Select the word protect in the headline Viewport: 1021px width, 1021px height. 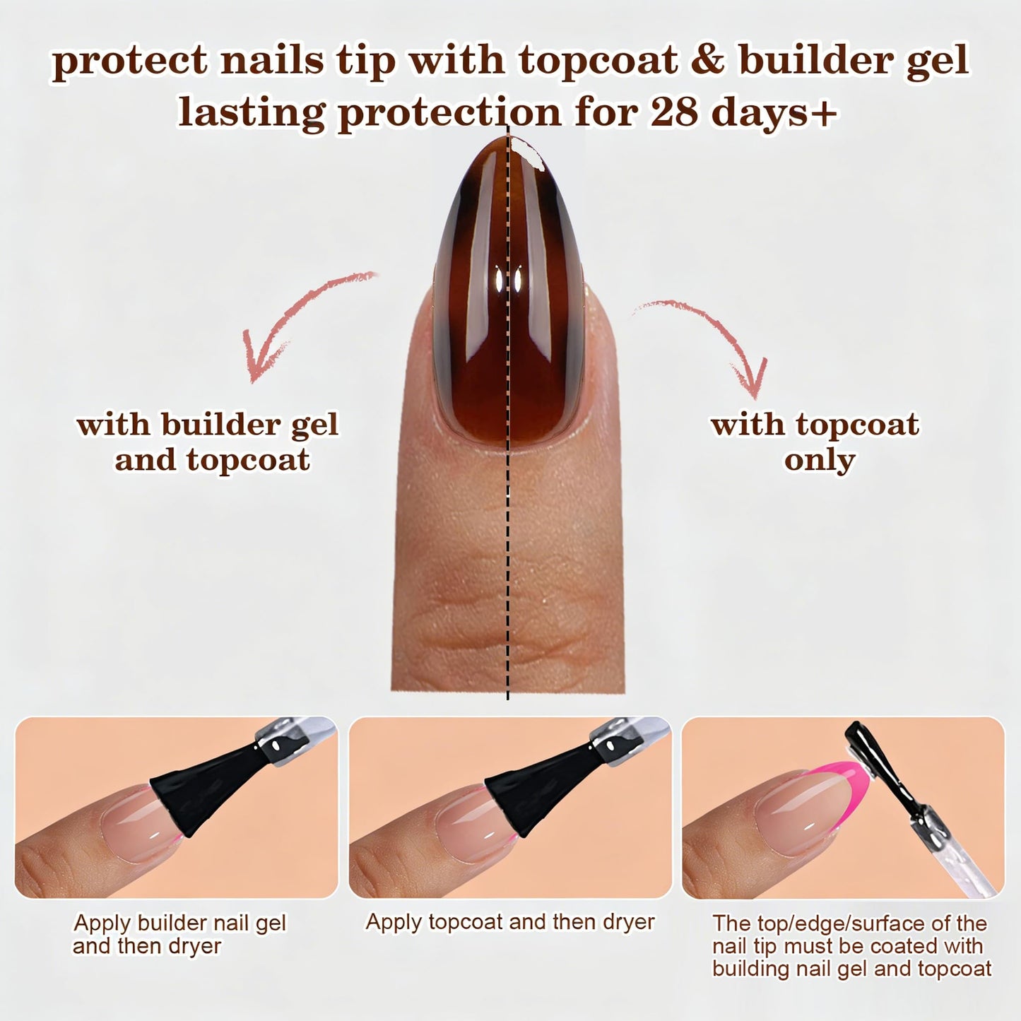pyautogui.click(x=130, y=62)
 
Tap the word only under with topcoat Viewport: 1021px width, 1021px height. pyautogui.click(x=819, y=460)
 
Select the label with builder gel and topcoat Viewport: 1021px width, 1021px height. pyautogui.click(x=208, y=442)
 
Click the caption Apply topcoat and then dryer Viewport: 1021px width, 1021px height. pyautogui.click(x=510, y=923)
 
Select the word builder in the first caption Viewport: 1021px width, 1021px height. pyautogui.click(x=172, y=923)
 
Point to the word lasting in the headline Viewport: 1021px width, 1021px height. pyautogui.click(x=251, y=113)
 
